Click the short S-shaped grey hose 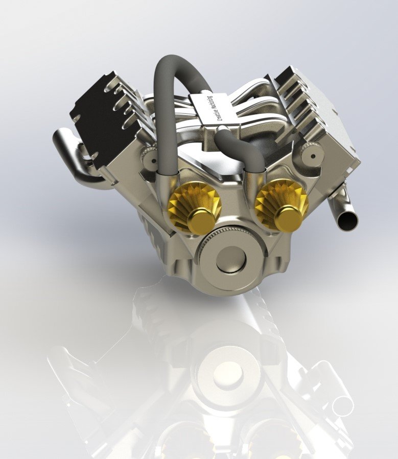pos(240,148)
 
